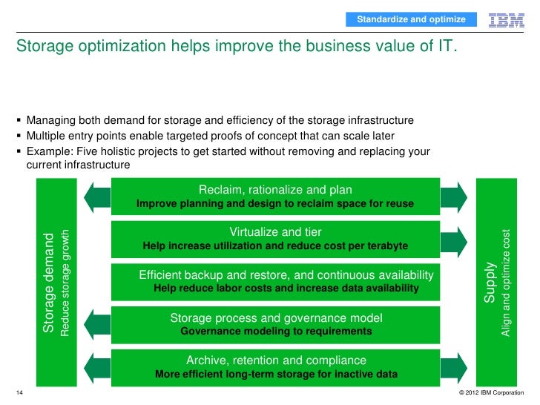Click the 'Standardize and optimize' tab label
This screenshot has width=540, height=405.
(x=411, y=19)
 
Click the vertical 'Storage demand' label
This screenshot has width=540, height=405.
(x=49, y=283)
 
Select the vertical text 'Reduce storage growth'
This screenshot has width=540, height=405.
(x=65, y=283)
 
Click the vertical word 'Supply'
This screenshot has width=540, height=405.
(x=490, y=283)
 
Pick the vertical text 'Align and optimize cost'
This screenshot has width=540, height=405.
(x=506, y=283)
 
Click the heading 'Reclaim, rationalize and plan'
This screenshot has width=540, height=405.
(x=275, y=190)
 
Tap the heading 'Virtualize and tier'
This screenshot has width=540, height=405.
(x=275, y=232)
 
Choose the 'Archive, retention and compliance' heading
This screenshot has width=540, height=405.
(x=276, y=360)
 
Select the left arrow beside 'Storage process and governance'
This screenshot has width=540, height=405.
(x=96, y=323)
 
